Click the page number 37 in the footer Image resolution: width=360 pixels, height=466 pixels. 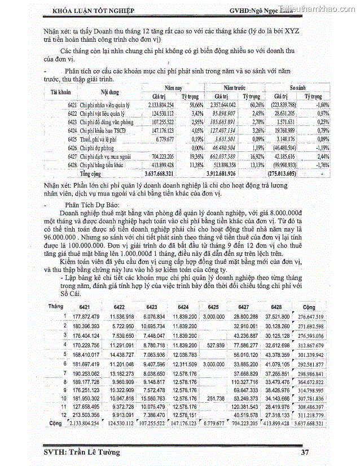[x=305, y=452]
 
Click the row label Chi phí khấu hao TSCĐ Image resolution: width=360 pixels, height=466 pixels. [x=102, y=130]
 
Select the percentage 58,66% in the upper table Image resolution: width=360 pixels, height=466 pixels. [x=195, y=105]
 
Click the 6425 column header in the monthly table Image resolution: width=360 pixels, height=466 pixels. [x=211, y=307]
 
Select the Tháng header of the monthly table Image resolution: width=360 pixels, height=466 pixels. [x=56, y=306]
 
